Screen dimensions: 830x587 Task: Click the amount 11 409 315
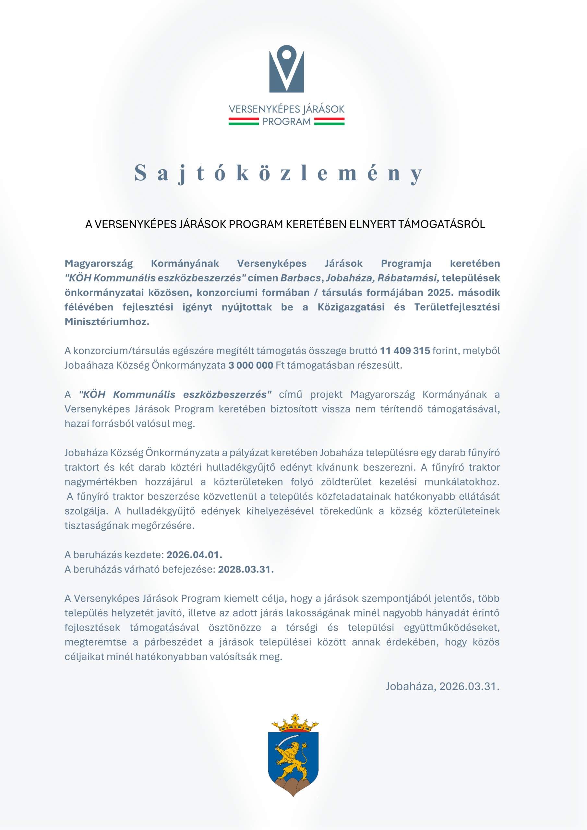(x=405, y=351)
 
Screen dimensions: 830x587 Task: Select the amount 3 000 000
(x=251, y=365)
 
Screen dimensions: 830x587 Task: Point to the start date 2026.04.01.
(x=194, y=554)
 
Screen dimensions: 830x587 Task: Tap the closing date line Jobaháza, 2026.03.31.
(x=442, y=686)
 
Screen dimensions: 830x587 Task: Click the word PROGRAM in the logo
(x=286, y=122)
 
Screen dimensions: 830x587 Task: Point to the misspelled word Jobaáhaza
(x=88, y=365)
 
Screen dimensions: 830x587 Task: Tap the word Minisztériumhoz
(x=107, y=321)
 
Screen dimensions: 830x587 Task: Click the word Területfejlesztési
(x=457, y=307)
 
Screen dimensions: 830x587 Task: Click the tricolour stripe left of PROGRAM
(x=244, y=122)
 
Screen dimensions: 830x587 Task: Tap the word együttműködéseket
(x=452, y=628)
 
